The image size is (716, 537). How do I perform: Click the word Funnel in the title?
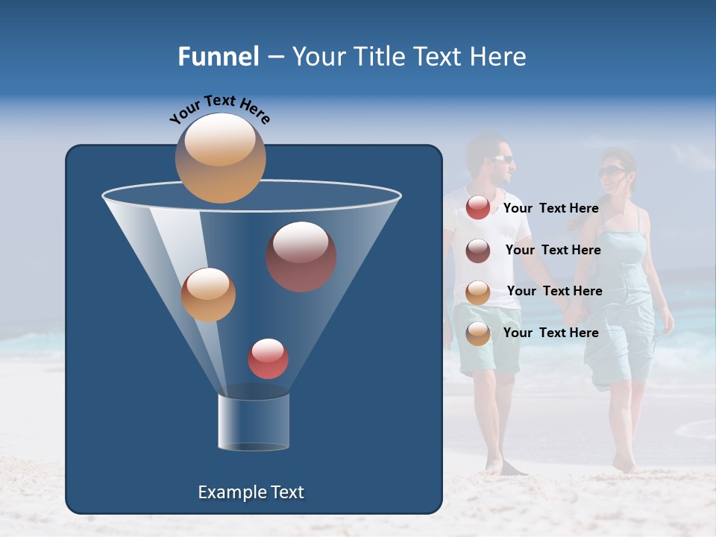click(218, 57)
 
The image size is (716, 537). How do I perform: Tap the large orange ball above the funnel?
click(220, 157)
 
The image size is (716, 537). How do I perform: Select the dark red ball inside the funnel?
click(301, 257)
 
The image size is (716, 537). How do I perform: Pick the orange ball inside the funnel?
click(208, 295)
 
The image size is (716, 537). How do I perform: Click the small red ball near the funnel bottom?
click(268, 359)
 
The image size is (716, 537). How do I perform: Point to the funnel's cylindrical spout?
click(254, 422)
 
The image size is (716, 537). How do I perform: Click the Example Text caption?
click(251, 492)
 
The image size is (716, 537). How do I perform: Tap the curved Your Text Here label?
click(219, 107)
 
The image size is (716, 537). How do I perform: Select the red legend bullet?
click(478, 208)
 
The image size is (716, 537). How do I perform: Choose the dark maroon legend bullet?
click(478, 251)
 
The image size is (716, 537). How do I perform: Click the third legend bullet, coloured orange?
click(478, 292)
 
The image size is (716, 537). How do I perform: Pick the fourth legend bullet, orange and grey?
click(478, 333)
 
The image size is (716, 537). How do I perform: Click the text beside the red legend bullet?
click(550, 209)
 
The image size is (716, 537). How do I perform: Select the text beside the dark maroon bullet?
click(553, 251)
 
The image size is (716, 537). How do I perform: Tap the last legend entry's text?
click(550, 333)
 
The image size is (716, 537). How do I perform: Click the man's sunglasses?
click(503, 158)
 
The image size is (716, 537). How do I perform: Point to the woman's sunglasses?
click(611, 172)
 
